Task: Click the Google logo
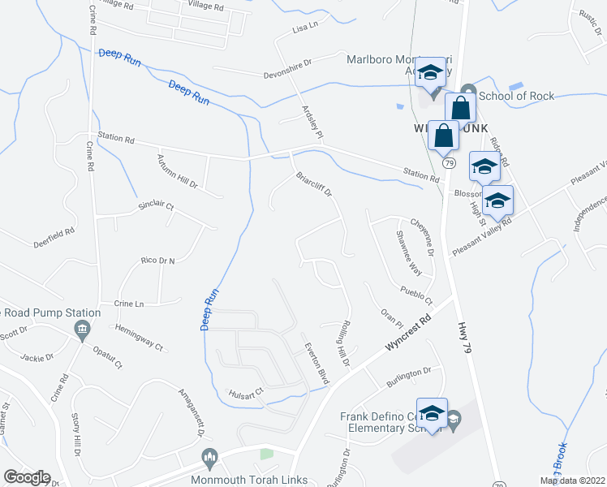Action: [27, 477]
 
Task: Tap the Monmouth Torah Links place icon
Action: [210, 459]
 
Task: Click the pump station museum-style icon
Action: [81, 330]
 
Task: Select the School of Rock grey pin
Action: [467, 91]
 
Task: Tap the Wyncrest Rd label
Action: [407, 334]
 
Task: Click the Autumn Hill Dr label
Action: [178, 170]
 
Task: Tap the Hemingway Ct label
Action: [139, 336]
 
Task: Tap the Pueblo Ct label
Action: [415, 291]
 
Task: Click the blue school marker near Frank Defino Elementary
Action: [432, 414]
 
